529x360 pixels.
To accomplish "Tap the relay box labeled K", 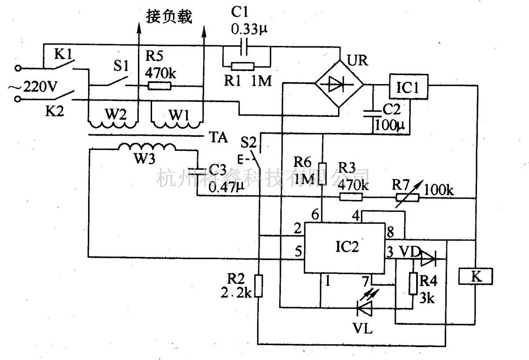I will click(476, 276).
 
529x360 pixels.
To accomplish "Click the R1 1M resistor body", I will click(242, 67).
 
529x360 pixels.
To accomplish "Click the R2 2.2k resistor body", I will click(258, 286).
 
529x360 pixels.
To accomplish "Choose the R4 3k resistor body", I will click(413, 283).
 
